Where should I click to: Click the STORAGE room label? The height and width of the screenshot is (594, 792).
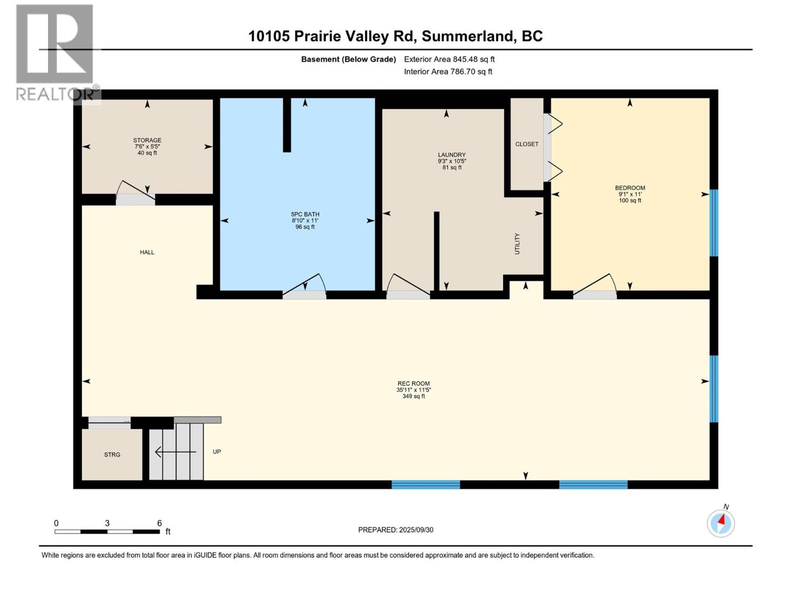[147, 141]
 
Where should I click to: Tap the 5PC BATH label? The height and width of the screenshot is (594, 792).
[305, 214]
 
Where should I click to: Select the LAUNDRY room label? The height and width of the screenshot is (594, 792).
[451, 155]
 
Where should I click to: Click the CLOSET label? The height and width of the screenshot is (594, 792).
[527, 144]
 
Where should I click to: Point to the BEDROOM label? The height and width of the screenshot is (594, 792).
[630, 188]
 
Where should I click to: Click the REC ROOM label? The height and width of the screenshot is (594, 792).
[413, 384]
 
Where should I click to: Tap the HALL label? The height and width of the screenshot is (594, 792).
[147, 252]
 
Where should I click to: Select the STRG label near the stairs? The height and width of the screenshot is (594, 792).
[112, 454]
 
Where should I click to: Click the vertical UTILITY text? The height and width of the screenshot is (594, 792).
[517, 244]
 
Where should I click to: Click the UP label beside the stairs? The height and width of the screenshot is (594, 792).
[217, 451]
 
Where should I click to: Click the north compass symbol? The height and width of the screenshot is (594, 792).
[721, 523]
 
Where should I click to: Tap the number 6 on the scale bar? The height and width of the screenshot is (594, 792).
[159, 523]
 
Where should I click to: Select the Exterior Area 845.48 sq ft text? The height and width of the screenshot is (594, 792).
[449, 59]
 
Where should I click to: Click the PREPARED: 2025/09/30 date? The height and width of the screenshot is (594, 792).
[396, 530]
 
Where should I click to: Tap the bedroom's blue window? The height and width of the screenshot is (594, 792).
[714, 223]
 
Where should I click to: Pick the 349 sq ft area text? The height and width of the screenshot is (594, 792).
[413, 396]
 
